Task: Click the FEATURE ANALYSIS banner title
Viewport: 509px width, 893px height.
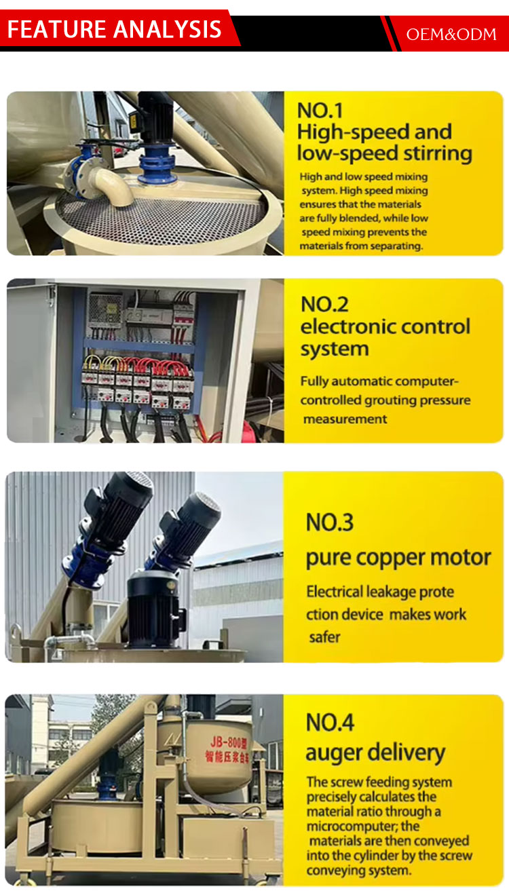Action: tap(114, 29)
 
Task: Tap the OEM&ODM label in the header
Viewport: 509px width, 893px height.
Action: tap(451, 35)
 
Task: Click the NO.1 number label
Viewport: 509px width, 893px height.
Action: tap(320, 110)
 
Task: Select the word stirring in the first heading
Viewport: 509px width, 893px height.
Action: tap(437, 154)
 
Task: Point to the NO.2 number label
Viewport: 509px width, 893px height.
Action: tap(324, 304)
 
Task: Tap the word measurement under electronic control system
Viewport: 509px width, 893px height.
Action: tap(345, 419)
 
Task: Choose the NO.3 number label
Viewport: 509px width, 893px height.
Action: tap(330, 522)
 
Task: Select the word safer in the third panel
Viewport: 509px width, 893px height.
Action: tap(325, 637)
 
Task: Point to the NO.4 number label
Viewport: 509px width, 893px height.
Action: tap(330, 723)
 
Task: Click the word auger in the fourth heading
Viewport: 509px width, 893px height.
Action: tap(334, 754)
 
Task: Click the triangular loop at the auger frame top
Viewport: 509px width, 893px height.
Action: tap(150, 708)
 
